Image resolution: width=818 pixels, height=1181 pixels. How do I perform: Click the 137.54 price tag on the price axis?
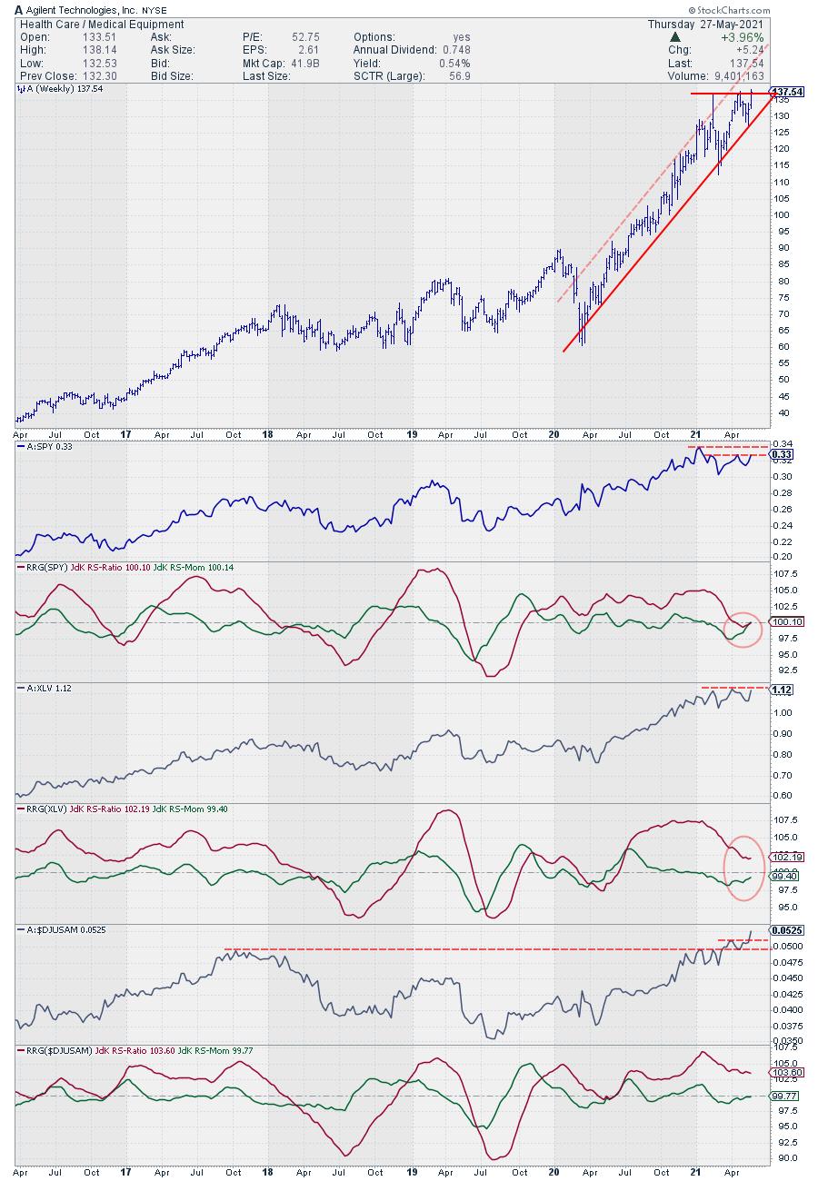point(786,93)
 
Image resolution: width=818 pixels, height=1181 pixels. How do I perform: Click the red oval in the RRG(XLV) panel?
point(743,868)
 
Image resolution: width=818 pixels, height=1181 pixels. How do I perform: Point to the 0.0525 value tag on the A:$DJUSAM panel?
point(787,930)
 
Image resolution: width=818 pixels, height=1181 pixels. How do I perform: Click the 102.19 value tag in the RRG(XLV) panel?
point(786,857)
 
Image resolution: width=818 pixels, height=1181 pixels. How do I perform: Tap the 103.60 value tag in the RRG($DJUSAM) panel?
point(786,1073)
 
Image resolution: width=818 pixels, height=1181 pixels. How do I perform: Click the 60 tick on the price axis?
point(780,347)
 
